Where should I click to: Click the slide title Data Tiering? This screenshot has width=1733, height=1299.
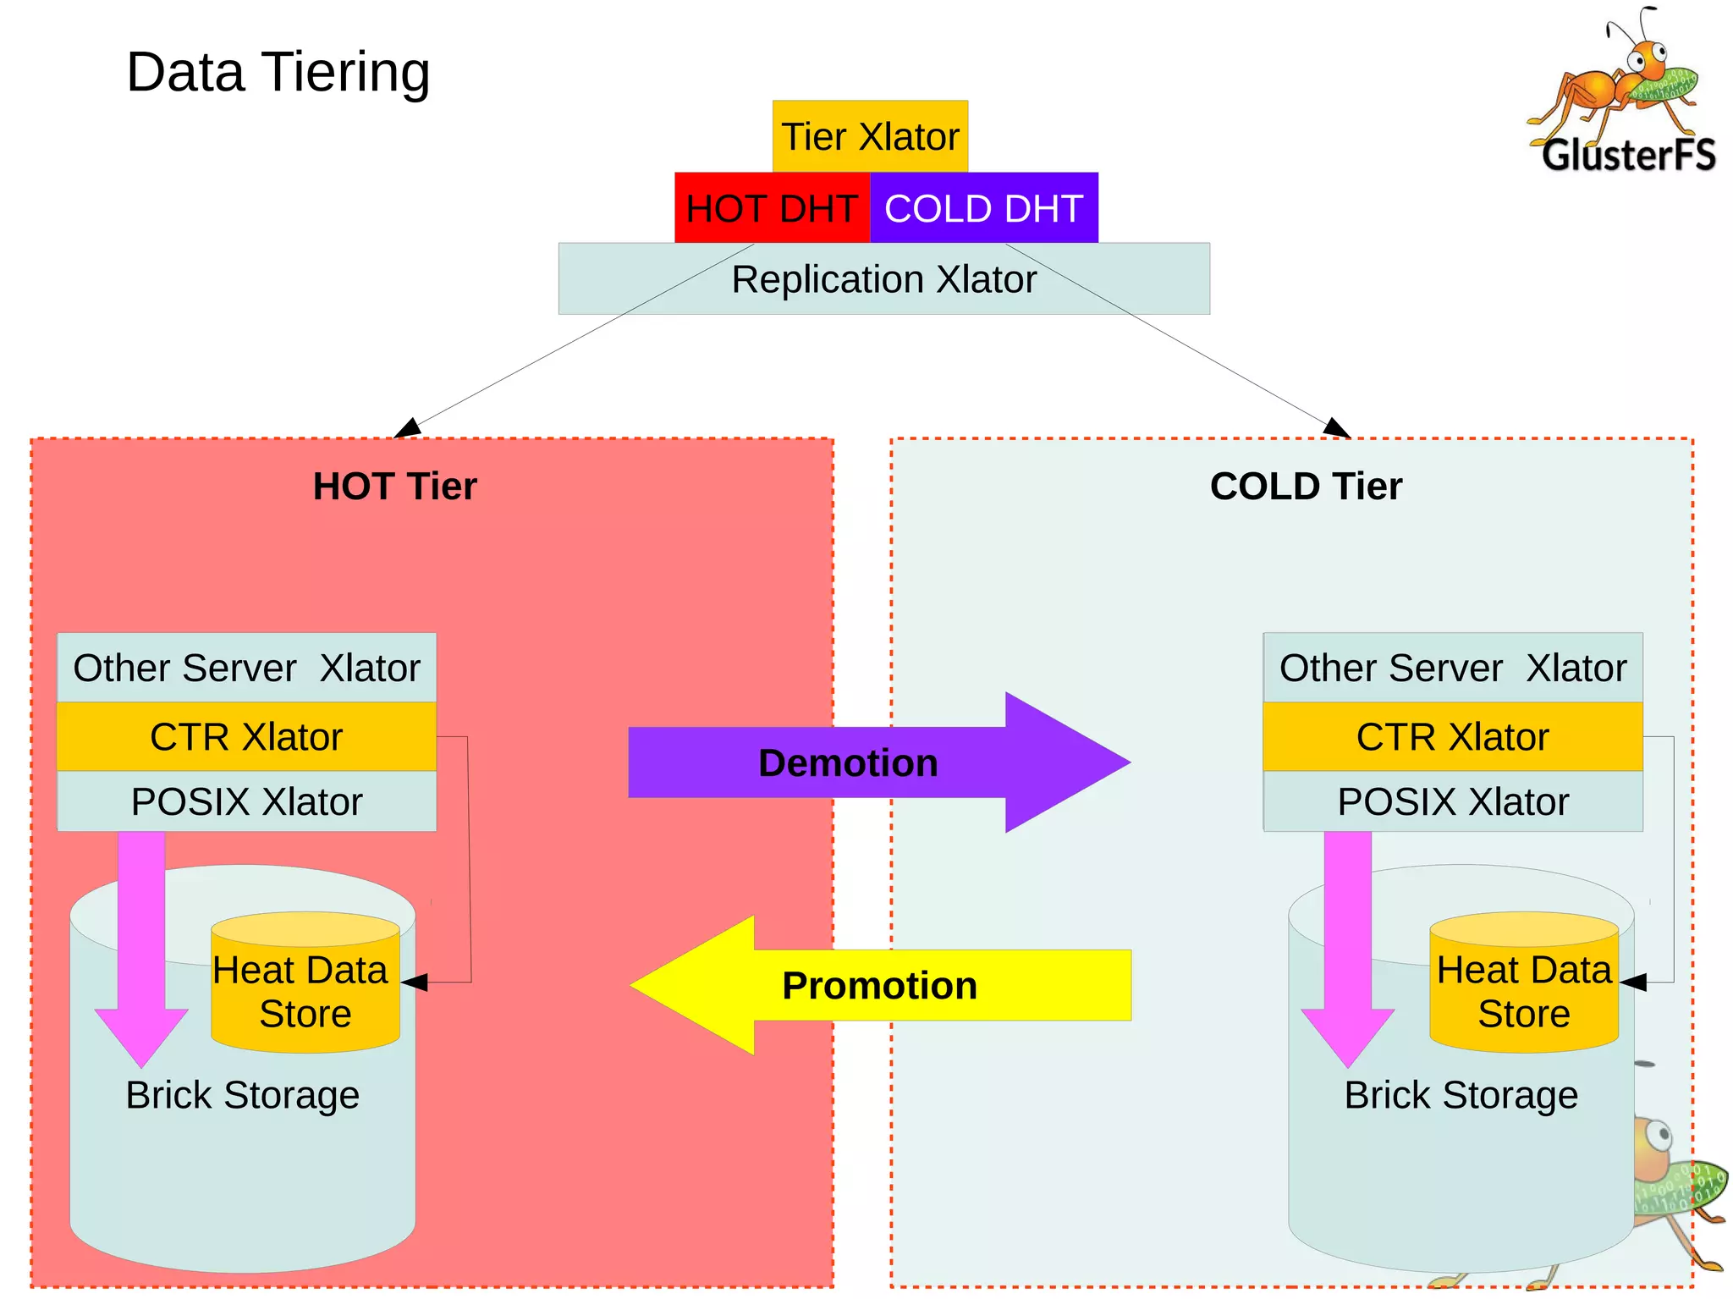point(278,72)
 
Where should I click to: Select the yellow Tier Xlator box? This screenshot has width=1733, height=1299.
point(870,136)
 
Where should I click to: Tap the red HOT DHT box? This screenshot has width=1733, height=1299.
point(771,208)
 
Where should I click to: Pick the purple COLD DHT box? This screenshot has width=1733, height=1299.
point(983,208)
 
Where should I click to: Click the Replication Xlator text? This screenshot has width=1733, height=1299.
point(883,279)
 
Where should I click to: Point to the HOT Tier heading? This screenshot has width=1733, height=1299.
point(394,487)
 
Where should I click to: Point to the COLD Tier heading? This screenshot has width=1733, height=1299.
point(1306,487)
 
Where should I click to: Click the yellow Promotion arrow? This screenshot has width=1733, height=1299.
point(880,985)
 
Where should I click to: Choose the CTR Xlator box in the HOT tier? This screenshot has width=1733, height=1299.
point(246,736)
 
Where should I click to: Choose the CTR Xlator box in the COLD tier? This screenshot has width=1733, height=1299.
point(1452,736)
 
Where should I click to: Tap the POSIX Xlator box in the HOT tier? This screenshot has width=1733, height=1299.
point(246,801)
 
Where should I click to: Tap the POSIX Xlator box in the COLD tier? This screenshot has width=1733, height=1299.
point(1452,801)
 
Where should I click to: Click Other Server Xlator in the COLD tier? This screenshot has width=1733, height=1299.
point(1452,668)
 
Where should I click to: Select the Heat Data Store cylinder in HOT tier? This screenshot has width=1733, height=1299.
point(305,990)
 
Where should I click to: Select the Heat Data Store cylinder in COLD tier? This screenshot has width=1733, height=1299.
point(1523,990)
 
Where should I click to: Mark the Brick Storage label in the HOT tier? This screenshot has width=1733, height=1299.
point(243,1095)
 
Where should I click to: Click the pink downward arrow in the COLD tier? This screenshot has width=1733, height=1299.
point(1347,948)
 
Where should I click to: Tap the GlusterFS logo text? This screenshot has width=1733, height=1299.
point(1628,156)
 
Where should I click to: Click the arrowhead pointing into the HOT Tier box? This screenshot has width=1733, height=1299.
point(409,428)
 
